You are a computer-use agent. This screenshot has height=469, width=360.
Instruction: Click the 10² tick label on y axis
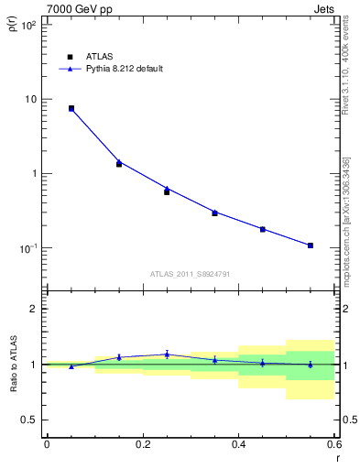(x=28, y=25)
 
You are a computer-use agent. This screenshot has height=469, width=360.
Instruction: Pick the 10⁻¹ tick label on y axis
(x=28, y=248)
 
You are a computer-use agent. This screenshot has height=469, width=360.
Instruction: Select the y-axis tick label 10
(x=31, y=99)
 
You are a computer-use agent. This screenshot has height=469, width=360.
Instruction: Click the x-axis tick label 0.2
(x=142, y=444)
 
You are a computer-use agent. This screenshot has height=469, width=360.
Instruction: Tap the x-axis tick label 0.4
(x=238, y=444)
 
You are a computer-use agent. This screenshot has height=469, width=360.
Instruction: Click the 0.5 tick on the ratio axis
(x=29, y=420)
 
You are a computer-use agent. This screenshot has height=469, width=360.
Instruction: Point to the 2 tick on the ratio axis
(x=34, y=309)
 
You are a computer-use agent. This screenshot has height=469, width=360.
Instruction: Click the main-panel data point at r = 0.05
(x=71, y=108)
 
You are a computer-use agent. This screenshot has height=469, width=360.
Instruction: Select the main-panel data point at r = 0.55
(x=311, y=245)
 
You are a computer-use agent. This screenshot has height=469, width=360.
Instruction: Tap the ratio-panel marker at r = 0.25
(x=167, y=354)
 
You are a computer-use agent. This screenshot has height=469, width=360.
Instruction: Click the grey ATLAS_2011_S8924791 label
(x=191, y=273)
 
